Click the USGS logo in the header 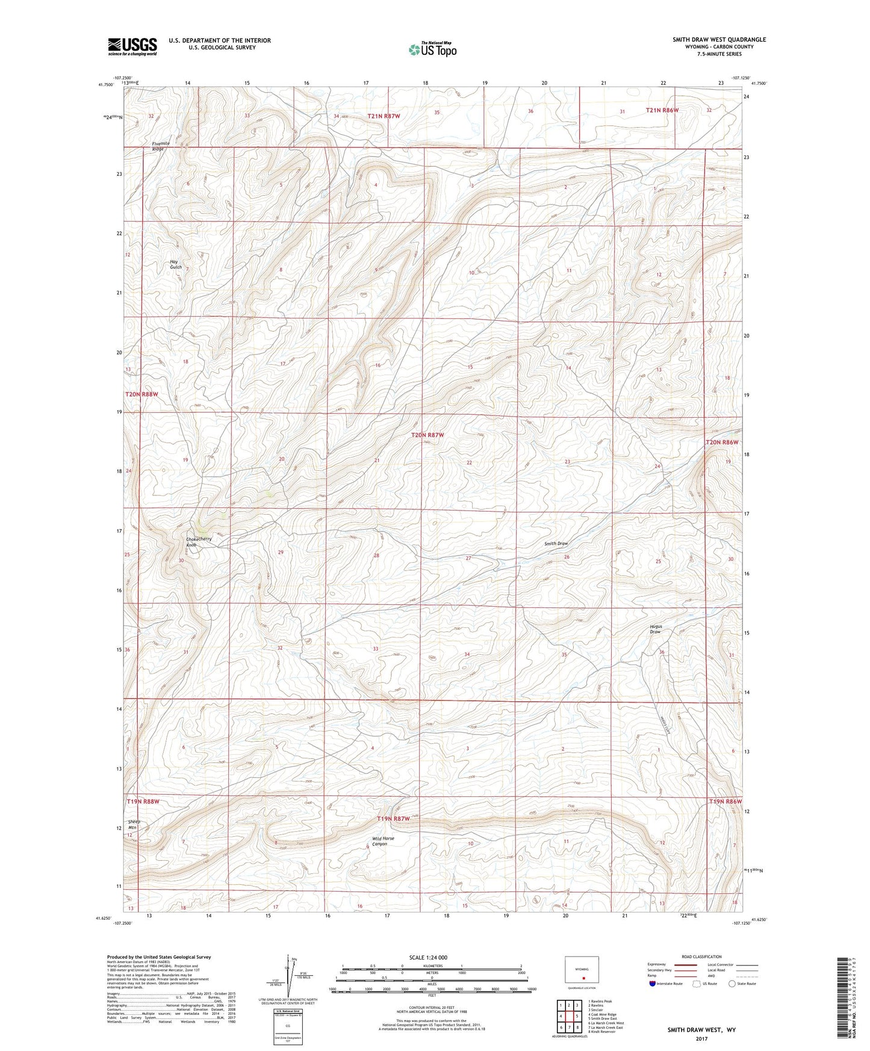point(132,46)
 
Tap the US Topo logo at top point(432,49)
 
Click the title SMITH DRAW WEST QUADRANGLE point(719,40)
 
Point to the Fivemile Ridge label point(161,146)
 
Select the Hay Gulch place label point(175,264)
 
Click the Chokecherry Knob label point(199,542)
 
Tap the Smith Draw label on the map point(556,544)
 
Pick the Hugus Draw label point(656,629)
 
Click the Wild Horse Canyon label point(383,841)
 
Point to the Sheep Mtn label point(134,825)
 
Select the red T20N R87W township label point(427,435)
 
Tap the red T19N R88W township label point(143,802)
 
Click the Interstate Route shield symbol point(653,984)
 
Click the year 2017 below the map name point(701,1038)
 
